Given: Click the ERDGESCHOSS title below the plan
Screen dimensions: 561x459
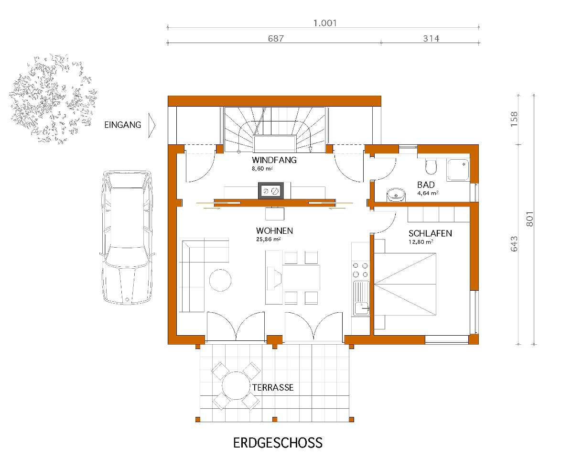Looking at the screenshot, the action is click(x=278, y=443).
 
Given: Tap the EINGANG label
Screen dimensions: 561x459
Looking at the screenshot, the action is click(x=123, y=125).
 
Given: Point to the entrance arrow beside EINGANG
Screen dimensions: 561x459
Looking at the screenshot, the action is click(x=152, y=125).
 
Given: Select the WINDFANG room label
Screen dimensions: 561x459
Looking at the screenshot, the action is click(x=274, y=160).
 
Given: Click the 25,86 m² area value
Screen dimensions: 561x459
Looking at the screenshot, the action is click(x=269, y=239).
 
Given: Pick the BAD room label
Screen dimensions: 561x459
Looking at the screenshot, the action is click(x=426, y=185).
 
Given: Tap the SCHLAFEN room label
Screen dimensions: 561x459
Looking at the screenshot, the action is click(x=430, y=233).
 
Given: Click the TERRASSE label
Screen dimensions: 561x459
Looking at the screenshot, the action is click(x=273, y=387).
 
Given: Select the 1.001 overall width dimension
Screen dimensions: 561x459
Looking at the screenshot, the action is click(x=325, y=23).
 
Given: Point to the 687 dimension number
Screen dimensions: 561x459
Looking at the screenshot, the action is click(x=276, y=38).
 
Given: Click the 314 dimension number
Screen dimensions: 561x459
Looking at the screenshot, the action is click(x=431, y=38).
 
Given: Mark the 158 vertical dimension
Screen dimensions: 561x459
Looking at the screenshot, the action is click(x=514, y=119).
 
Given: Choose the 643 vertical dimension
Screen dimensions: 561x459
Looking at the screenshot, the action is click(x=514, y=244).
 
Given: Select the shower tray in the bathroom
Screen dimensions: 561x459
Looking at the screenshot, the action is click(x=458, y=169).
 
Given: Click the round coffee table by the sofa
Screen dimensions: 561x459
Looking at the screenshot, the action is click(x=220, y=280).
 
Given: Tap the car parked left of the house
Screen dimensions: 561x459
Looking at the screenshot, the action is click(x=127, y=237).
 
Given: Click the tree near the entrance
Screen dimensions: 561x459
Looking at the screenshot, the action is click(x=54, y=99).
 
